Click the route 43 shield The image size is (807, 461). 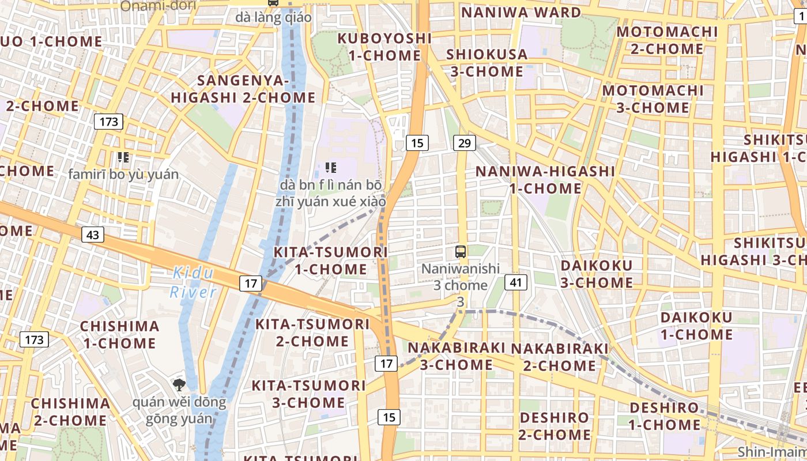tap(93, 235)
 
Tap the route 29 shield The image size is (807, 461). tap(464, 143)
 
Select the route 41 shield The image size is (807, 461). tap(516, 282)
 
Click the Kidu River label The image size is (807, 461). tap(193, 282)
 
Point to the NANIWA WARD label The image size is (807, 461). tap(521, 12)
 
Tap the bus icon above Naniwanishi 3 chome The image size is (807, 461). tap(461, 251)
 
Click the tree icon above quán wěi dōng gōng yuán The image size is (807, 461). tap(179, 385)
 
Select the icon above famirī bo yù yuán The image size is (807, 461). tap(123, 157)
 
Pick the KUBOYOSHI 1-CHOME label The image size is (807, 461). tap(384, 47)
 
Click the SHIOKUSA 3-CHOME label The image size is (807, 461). tap(487, 63)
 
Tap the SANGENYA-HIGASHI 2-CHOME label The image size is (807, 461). tap(243, 89)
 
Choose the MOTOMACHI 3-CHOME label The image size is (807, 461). tap(653, 99)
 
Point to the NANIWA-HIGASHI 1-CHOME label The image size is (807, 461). tap(545, 180)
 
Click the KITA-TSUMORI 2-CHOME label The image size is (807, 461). tap(312, 332)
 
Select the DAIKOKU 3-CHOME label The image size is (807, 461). tap(597, 274)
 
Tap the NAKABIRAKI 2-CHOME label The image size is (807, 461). tap(560, 357)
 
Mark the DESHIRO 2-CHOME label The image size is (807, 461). tap(555, 426)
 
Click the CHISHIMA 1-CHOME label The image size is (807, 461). tap(119, 334)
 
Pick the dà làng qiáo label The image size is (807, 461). tap(273, 18)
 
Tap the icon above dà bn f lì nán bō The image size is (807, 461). tap(331, 168)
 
